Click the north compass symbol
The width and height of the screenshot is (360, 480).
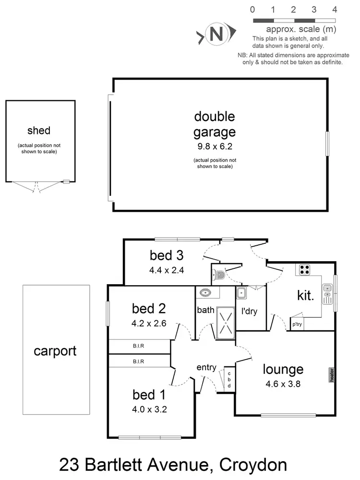[216, 34]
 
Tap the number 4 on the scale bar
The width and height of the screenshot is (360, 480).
[335, 9]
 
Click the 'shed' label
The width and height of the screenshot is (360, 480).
[39, 130]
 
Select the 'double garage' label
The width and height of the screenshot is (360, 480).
[215, 124]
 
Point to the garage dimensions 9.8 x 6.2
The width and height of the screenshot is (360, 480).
[215, 146]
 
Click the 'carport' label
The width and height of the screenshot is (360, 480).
[55, 351]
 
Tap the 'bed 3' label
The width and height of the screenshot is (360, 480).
[167, 254]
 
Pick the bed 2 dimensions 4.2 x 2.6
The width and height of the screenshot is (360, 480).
[149, 323]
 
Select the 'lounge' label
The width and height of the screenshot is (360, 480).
[283, 369]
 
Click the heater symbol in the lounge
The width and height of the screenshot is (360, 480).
[331, 375]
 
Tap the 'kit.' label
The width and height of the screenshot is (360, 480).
[306, 296]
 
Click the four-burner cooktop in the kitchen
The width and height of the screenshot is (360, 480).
[304, 270]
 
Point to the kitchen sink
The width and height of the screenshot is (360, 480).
[328, 294]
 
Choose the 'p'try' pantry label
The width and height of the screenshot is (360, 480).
[297, 325]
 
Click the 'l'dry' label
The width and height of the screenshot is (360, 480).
[250, 311]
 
